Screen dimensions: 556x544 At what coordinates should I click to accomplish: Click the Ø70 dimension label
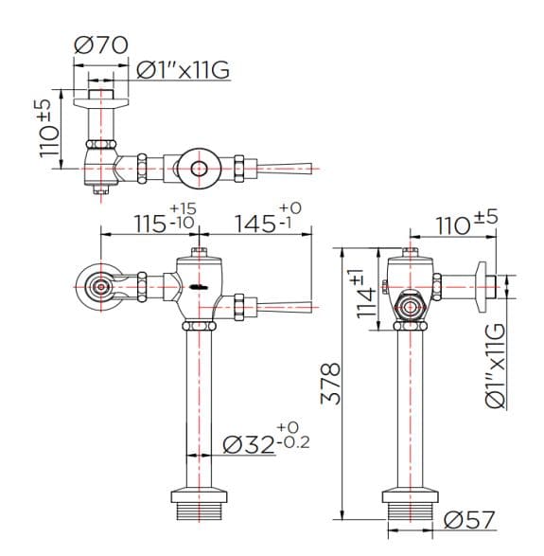pyautogui.click(x=99, y=45)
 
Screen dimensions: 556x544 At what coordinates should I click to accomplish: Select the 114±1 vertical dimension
pyautogui.click(x=365, y=301)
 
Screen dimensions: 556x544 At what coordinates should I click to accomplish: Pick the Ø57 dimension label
pyautogui.click(x=467, y=521)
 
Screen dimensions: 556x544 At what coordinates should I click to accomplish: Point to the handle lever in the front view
pyautogui.click(x=290, y=306)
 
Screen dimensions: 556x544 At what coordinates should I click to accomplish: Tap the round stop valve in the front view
pyautogui.click(x=98, y=284)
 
